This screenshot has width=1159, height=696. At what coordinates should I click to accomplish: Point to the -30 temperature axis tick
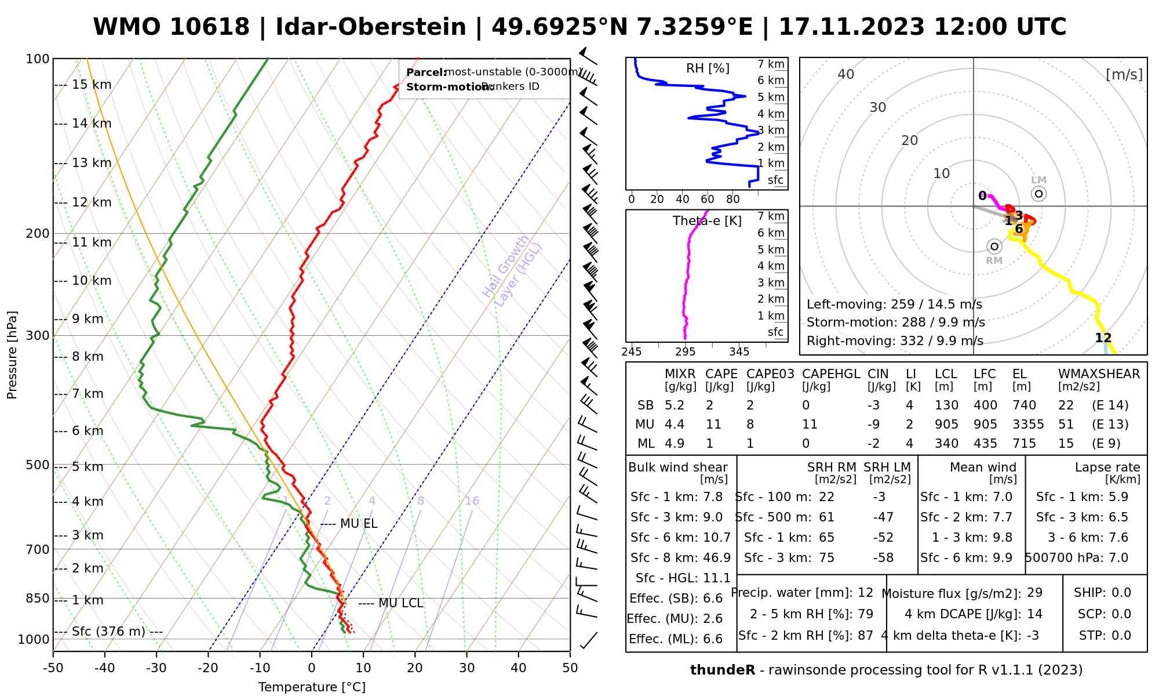[156, 668]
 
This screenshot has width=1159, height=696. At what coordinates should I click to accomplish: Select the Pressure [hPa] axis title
[12, 355]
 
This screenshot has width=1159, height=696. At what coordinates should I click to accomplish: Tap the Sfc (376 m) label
[108, 631]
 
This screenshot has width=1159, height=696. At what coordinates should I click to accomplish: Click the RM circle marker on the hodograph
[994, 246]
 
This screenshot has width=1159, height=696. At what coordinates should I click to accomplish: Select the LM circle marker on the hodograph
[1039, 194]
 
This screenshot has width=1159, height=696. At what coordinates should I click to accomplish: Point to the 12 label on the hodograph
[1103, 338]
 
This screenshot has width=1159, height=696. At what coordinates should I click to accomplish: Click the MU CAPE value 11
[713, 425]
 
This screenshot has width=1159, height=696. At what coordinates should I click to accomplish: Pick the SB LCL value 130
[946, 405]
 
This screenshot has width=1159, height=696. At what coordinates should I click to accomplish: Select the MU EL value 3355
[1028, 425]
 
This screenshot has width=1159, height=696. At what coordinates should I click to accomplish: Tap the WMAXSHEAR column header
[1099, 374]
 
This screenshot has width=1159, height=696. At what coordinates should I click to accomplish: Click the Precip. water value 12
[865, 593]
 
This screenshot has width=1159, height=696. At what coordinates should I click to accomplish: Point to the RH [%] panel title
[708, 68]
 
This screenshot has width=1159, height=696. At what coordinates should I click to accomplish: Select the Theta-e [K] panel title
[707, 221]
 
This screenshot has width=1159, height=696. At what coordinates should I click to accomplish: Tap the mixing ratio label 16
[472, 501]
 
